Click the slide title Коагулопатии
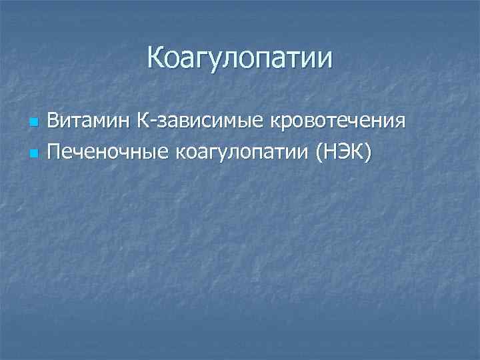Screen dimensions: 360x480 (239, 59)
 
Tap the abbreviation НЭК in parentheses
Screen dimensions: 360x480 (347, 153)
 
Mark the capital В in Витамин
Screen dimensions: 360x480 (53, 123)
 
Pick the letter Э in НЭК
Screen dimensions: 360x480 (347, 153)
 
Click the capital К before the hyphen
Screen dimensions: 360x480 (127, 123)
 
